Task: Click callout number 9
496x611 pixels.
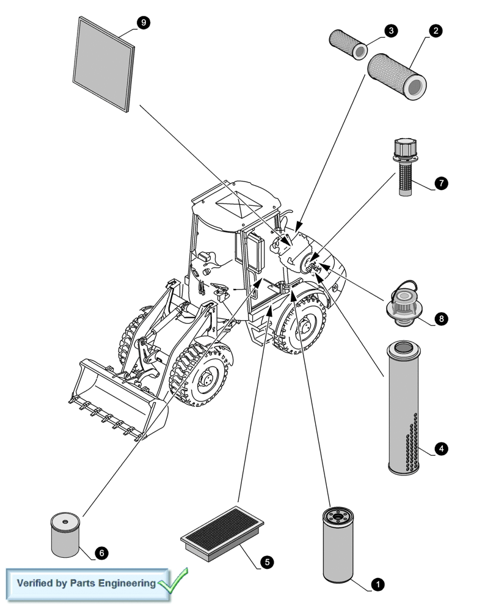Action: pyautogui.click(x=144, y=23)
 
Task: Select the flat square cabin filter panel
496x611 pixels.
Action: pyautogui.click(x=104, y=64)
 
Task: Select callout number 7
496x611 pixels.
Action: pyautogui.click(x=442, y=183)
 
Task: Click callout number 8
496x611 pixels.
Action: pyautogui.click(x=441, y=318)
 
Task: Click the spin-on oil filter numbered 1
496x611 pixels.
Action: pyautogui.click(x=338, y=545)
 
